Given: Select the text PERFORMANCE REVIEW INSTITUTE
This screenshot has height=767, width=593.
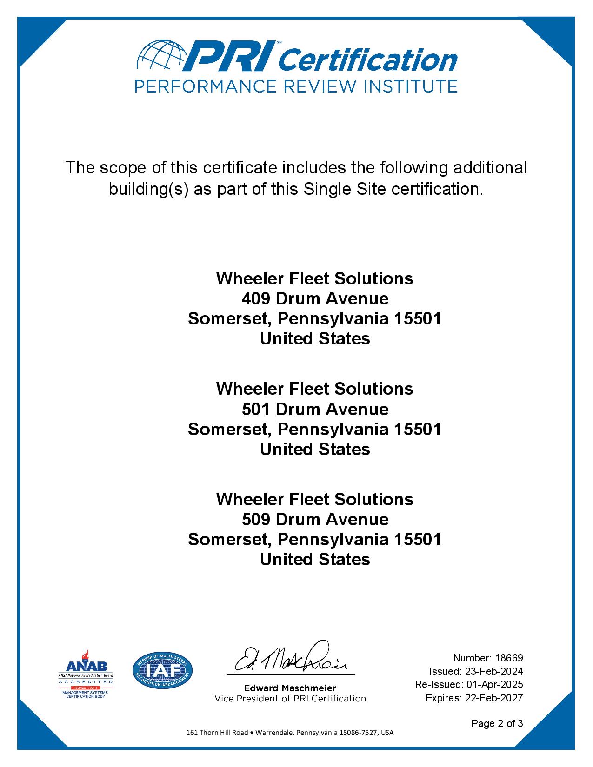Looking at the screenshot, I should pyautogui.click(x=296, y=86).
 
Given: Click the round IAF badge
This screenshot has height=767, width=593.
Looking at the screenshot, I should pyautogui.click(x=162, y=670).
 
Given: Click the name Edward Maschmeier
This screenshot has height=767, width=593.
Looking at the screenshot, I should pyautogui.click(x=290, y=688).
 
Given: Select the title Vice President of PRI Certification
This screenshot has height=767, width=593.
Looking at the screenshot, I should pyautogui.click(x=290, y=698).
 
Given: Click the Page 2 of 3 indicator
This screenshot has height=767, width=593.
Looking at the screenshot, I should pyautogui.click(x=497, y=723).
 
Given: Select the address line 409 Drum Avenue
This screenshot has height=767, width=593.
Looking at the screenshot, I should pyautogui.click(x=315, y=298).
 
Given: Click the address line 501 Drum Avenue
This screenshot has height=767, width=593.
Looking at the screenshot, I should pyautogui.click(x=315, y=409).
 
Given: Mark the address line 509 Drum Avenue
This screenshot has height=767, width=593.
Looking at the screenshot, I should pyautogui.click(x=315, y=519).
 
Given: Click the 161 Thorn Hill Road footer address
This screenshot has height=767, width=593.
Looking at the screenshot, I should pyautogui.click(x=290, y=733).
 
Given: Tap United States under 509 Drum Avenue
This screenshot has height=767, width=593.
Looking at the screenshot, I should pyautogui.click(x=315, y=559).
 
